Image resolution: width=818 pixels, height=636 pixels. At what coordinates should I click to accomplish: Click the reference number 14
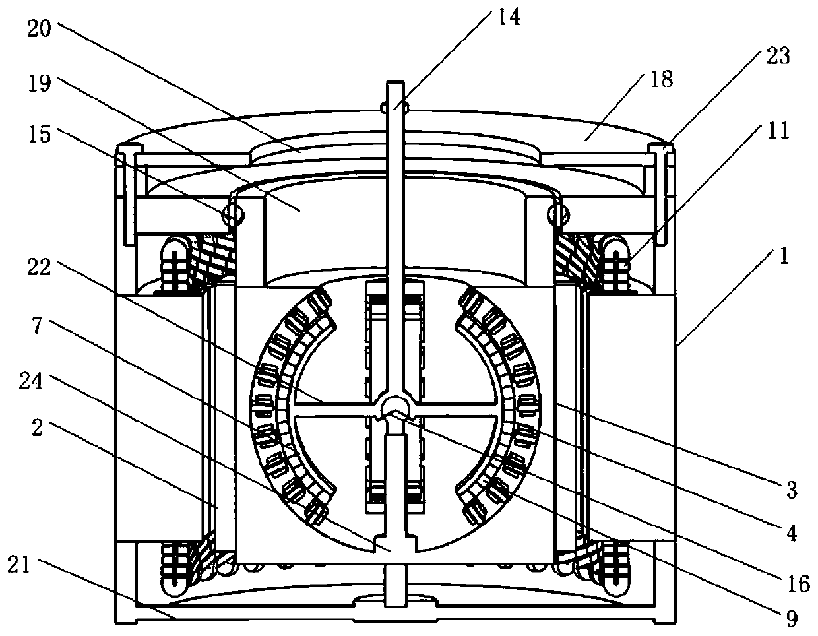point(509,18)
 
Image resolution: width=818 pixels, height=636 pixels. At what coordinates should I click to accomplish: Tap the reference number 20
point(39,29)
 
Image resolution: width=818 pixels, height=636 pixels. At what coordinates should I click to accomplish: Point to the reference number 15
point(40,134)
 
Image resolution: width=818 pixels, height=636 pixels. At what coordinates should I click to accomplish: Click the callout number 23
point(778,56)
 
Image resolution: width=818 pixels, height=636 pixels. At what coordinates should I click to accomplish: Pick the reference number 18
point(662,79)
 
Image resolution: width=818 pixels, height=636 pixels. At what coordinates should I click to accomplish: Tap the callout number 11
point(778,130)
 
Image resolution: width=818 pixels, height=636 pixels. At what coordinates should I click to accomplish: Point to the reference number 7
point(37,325)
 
